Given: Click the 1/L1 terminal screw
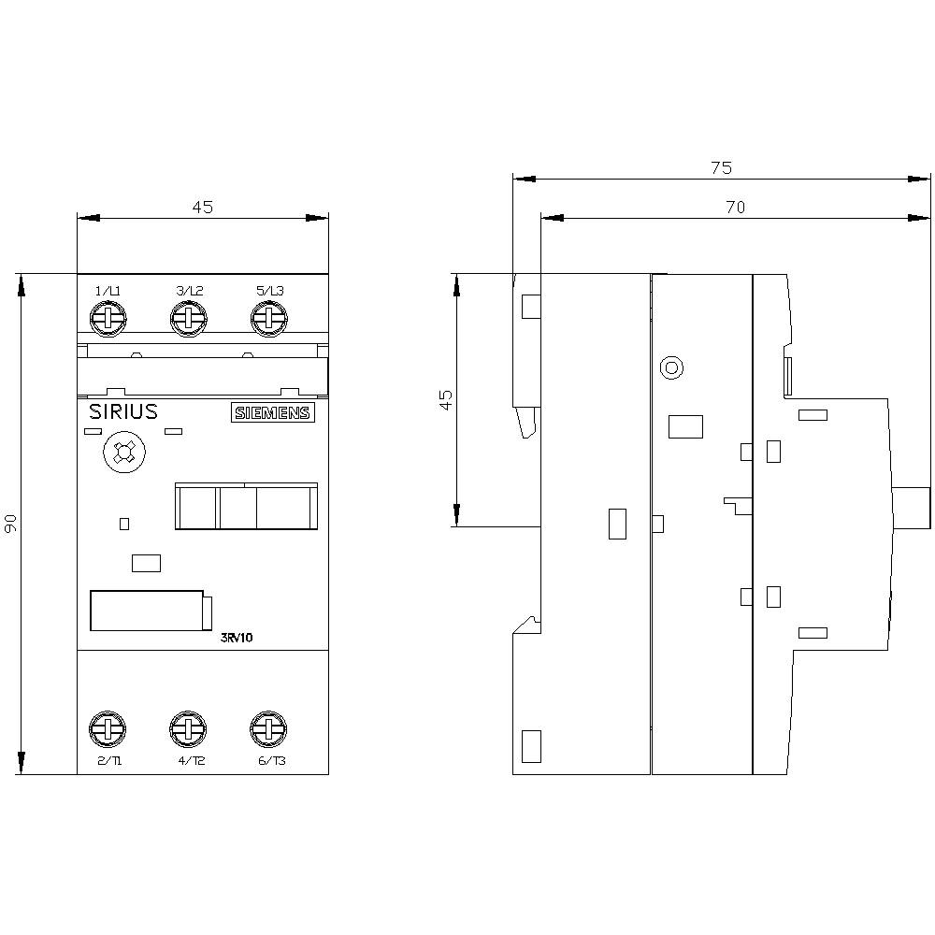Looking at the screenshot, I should [x=108, y=320].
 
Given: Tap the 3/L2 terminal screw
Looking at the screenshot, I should [x=187, y=320].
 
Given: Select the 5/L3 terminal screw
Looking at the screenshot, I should [x=268, y=320].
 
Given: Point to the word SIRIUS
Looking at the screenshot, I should [x=122, y=412].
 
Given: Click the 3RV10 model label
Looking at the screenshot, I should [x=237, y=638].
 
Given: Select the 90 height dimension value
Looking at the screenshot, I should [x=10, y=525].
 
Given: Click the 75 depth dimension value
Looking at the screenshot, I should [x=721, y=168].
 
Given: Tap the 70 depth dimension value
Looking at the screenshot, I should [x=735, y=208].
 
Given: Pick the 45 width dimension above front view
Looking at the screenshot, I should [x=203, y=208].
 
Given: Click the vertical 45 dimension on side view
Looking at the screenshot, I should [x=446, y=400].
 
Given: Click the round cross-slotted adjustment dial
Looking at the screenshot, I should [x=122, y=454].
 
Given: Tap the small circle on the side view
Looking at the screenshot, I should [x=670, y=367].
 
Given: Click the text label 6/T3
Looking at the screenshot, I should [x=270, y=761].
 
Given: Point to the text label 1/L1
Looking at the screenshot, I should [x=108, y=292].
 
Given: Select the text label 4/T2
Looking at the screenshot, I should [x=191, y=761].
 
